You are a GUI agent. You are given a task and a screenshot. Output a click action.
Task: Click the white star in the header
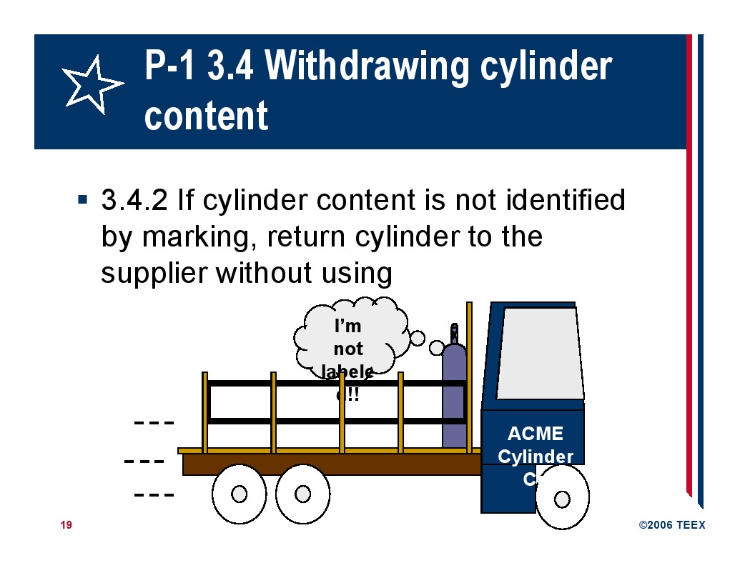(x=92, y=85)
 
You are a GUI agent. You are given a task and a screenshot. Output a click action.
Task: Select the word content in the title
(x=206, y=116)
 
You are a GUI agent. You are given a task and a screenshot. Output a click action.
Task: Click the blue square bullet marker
(x=83, y=198)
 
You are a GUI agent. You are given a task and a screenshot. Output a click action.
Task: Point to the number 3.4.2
(x=134, y=201)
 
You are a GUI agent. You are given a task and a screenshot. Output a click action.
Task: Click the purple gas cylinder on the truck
(x=453, y=397)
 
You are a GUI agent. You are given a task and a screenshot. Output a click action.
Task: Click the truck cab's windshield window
(x=539, y=354)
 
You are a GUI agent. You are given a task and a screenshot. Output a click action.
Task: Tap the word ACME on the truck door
(x=535, y=434)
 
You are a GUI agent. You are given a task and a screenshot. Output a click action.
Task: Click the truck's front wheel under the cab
(x=562, y=498)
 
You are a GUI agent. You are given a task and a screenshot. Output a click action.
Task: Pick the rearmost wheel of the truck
(x=240, y=494)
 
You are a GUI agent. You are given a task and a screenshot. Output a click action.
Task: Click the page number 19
(x=66, y=525)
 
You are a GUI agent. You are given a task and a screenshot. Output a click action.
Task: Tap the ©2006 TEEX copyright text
(x=671, y=525)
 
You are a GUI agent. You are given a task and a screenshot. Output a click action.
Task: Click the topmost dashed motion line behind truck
(x=154, y=422)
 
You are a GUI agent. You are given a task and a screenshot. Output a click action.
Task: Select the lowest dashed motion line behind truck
(x=154, y=494)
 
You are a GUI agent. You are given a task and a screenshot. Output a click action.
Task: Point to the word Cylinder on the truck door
(x=535, y=457)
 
